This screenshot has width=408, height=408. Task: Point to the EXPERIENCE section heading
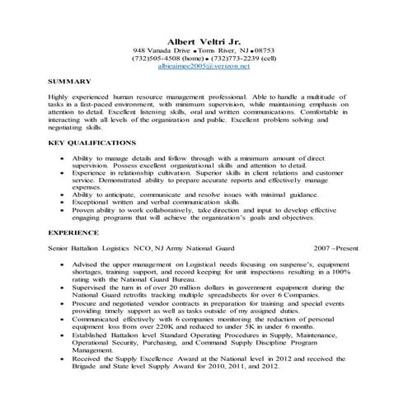pyautogui.click(x=73, y=233)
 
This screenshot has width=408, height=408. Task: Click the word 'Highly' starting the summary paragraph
pyautogui.click(x=61, y=98)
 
